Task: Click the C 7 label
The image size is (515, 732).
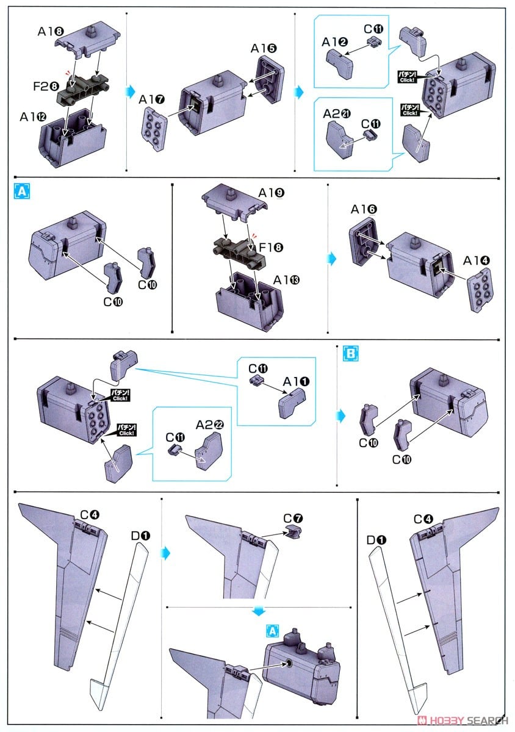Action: point(293,519)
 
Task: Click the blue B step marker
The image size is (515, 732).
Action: point(350,353)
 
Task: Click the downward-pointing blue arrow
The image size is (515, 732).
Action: point(259,610)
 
